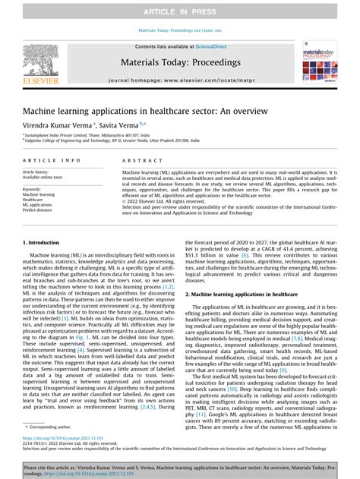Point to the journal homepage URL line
tap(180, 80)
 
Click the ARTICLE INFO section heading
tap(52, 161)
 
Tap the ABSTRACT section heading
tap(141, 161)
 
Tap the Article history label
tap(39, 172)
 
